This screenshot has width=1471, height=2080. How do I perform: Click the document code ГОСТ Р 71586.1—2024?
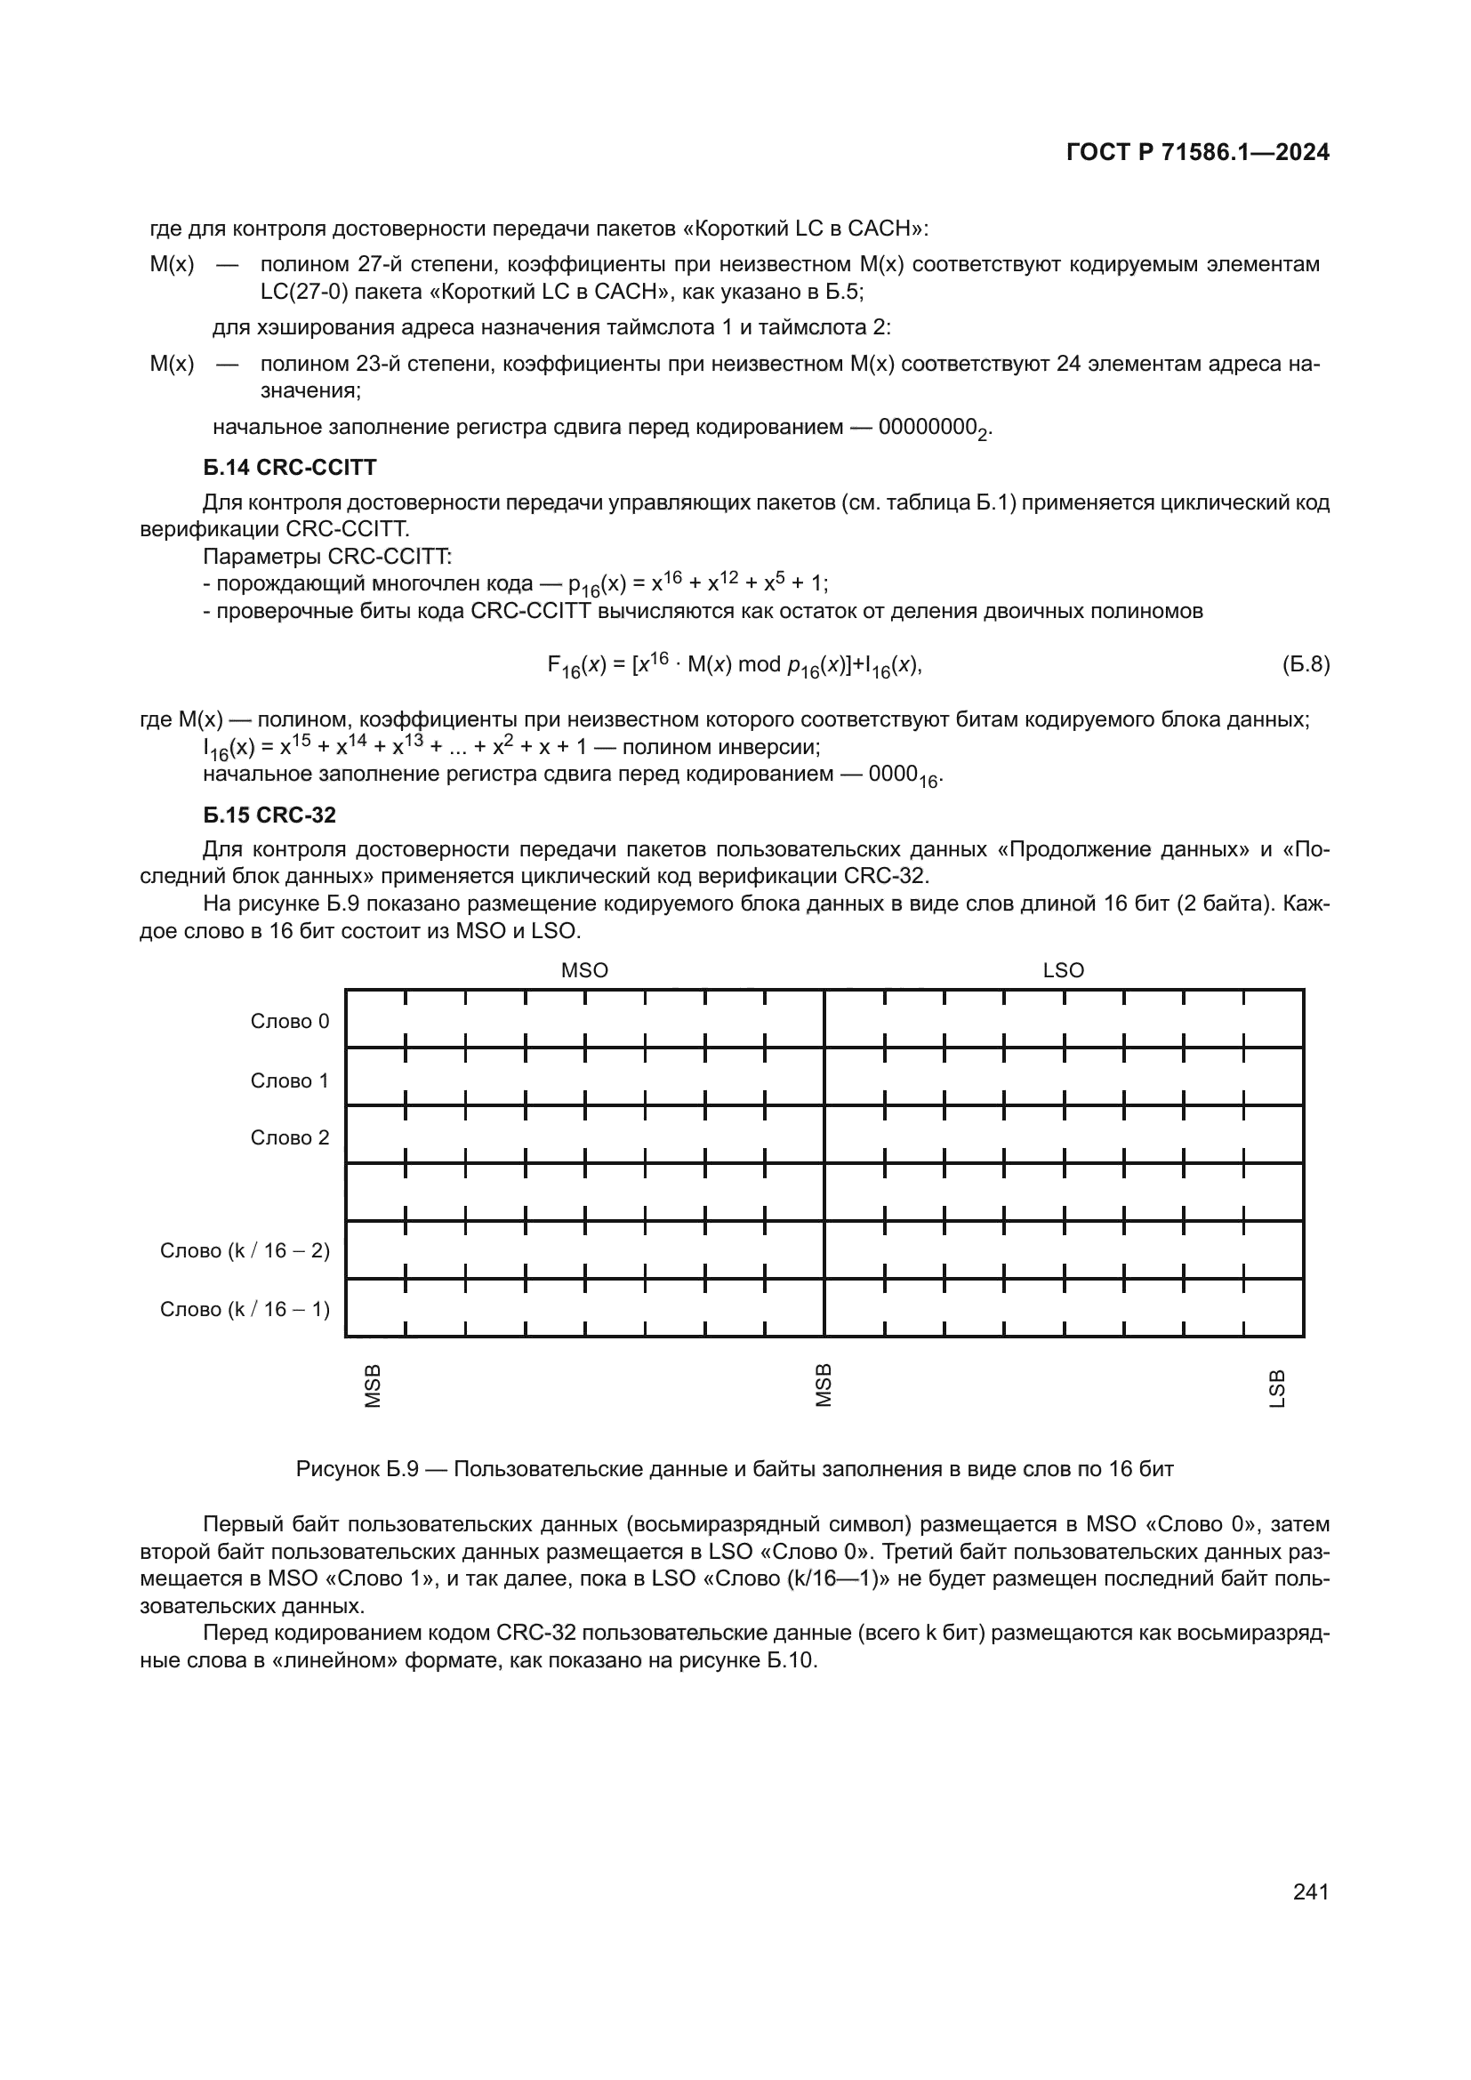pos(1197,152)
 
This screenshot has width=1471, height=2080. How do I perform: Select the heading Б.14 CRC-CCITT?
pos(289,468)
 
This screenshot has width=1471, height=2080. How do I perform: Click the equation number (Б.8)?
pos(1306,664)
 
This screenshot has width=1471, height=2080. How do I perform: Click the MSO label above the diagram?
pos(584,970)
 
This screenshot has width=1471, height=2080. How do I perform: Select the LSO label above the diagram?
pos(1063,970)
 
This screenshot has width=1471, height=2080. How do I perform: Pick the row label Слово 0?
pos(290,1021)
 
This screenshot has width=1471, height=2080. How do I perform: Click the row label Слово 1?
pos(290,1080)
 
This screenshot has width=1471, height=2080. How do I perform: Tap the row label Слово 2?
pos(290,1138)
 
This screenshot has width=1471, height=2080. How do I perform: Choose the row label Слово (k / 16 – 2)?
pos(245,1250)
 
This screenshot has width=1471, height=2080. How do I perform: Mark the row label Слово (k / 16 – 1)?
pos(245,1309)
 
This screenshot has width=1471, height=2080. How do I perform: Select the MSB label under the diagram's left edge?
pos(373,1386)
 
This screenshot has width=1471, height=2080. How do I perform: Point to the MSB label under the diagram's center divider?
pos(824,1386)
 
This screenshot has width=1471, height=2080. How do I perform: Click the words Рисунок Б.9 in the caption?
pos(357,1469)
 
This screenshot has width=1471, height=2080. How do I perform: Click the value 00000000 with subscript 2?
pos(933,428)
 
